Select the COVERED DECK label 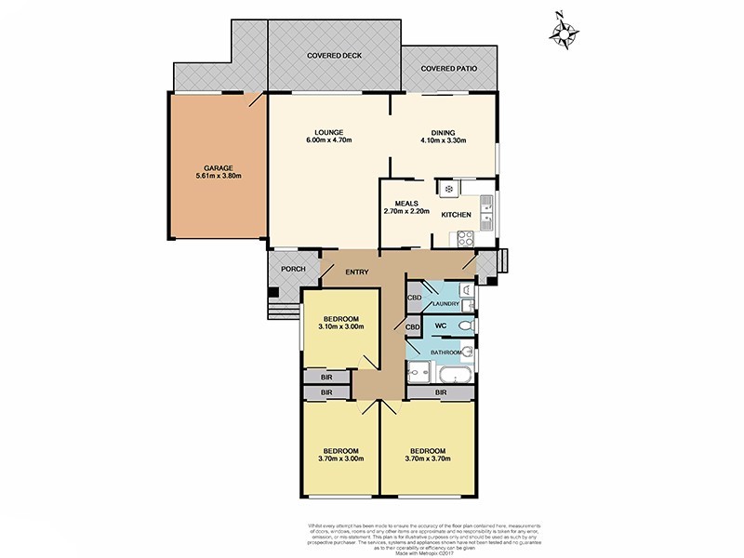point(334,56)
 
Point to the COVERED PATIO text point(450,69)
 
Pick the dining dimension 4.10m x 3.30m point(443,140)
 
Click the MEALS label point(406,202)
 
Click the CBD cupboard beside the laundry point(414,299)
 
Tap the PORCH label point(282,269)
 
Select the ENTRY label point(357,272)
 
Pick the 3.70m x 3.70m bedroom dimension point(429,458)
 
